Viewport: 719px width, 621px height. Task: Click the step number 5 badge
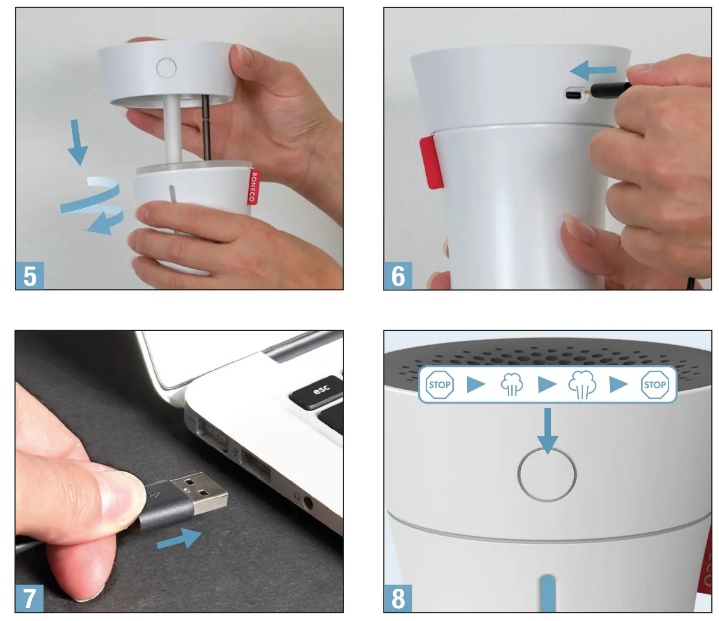pyautogui.click(x=30, y=276)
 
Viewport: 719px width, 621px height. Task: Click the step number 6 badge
pyautogui.click(x=398, y=276)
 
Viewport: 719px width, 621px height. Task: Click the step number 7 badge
pyautogui.click(x=30, y=598)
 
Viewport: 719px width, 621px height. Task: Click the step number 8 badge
pyautogui.click(x=398, y=598)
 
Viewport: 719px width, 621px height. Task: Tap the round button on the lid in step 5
pyautogui.click(x=166, y=68)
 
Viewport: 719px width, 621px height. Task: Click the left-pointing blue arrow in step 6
pyautogui.click(x=593, y=70)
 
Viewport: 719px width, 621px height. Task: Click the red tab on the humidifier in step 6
pyautogui.click(x=431, y=162)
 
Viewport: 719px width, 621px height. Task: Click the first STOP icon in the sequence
pyautogui.click(x=440, y=385)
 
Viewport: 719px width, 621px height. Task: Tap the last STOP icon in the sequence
pyautogui.click(x=655, y=385)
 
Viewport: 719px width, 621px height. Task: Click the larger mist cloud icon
pyautogui.click(x=582, y=385)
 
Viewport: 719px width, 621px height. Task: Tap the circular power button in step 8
pyautogui.click(x=547, y=474)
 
